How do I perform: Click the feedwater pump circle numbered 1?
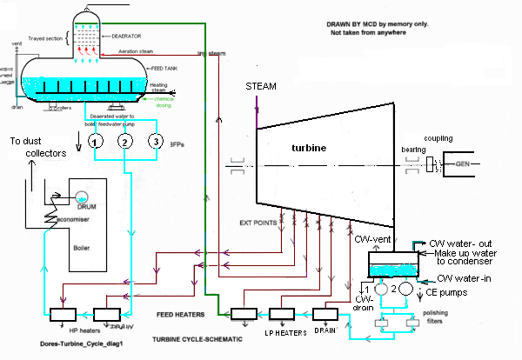[x=97, y=141]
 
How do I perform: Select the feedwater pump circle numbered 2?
[x=125, y=141]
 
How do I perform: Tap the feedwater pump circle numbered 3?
[x=155, y=141]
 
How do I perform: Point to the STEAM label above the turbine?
[x=262, y=87]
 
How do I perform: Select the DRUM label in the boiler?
[x=85, y=208]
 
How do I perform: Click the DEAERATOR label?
[x=130, y=37]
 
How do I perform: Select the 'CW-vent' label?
[x=368, y=237]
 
